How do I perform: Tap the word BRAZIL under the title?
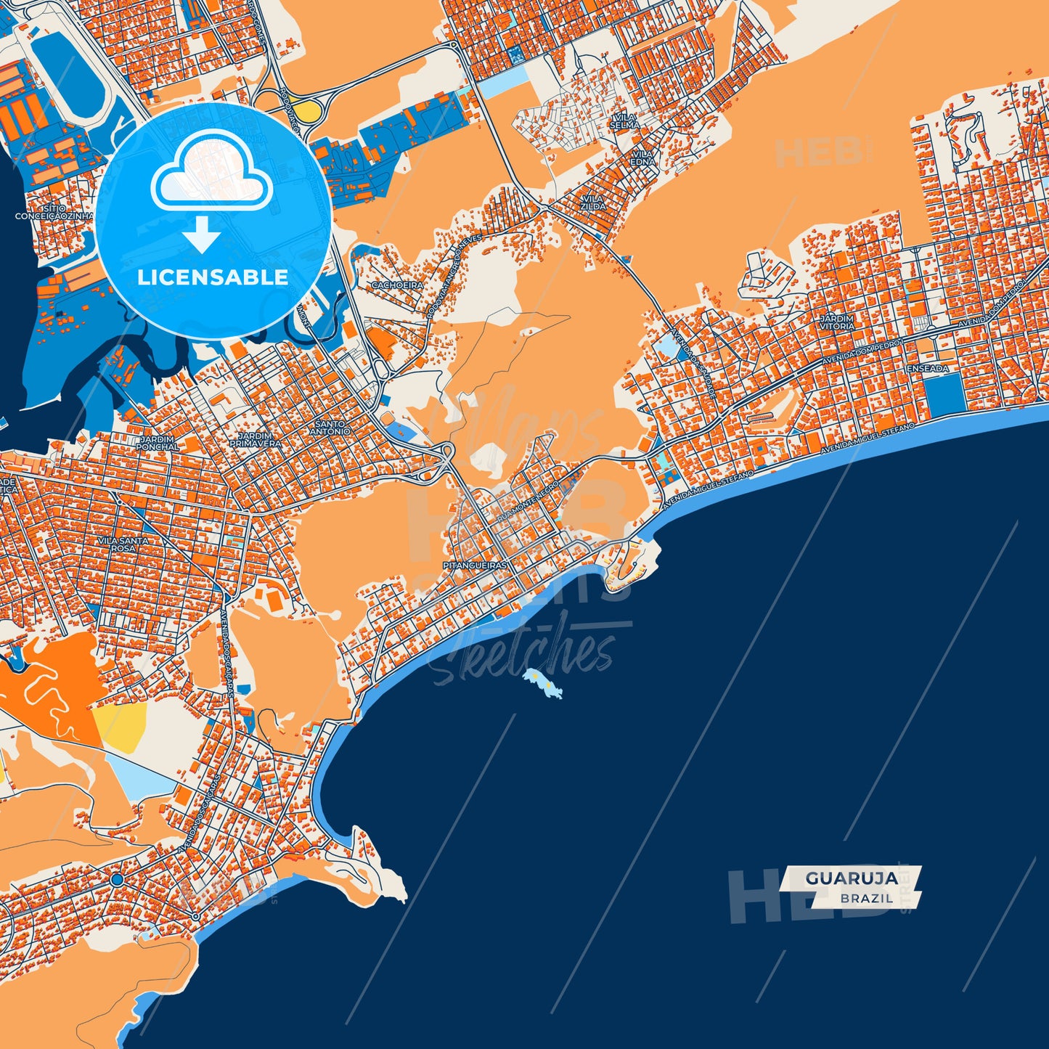[867, 898]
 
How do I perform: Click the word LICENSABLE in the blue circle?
[213, 277]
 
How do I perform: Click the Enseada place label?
[928, 369]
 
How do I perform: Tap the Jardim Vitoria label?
[837, 322]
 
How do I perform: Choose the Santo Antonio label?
[330, 428]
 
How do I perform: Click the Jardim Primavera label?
[255, 439]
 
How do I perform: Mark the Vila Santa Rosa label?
[123, 544]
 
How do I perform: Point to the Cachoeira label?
[397, 285]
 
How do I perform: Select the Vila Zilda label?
[592, 202]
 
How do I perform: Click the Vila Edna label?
[642, 158]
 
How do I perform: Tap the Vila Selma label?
[624, 121]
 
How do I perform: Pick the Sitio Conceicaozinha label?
[54, 212]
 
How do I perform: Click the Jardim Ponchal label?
[157, 443]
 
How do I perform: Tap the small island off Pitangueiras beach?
[542, 684]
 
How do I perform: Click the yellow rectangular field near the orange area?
[120, 724]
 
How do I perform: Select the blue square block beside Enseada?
[944, 396]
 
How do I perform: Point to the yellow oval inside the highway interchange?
[309, 110]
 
